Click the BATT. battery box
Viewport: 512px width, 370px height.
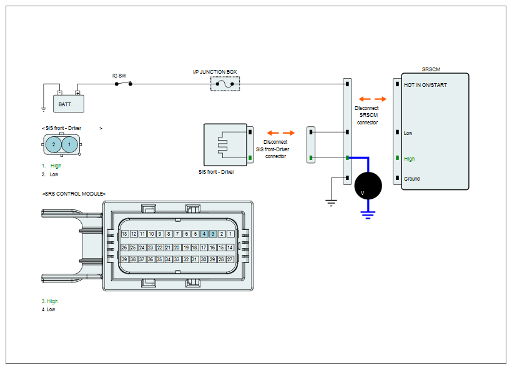(x=69, y=104)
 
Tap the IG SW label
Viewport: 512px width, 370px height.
(x=119, y=76)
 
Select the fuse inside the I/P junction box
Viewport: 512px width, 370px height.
(x=225, y=84)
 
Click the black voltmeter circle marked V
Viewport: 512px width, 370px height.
(x=368, y=186)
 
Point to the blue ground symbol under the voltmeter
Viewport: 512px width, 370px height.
(x=368, y=215)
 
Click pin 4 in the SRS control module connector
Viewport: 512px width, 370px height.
(x=204, y=234)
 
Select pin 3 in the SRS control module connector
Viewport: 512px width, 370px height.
(x=213, y=234)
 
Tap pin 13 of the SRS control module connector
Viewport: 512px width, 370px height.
(x=124, y=234)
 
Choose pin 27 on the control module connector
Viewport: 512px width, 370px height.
(x=230, y=259)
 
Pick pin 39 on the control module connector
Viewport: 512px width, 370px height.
(x=124, y=259)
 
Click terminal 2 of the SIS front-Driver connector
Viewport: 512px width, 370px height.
(x=54, y=144)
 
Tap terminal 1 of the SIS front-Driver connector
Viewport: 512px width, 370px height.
(x=69, y=144)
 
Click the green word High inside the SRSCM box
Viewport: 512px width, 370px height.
(x=409, y=159)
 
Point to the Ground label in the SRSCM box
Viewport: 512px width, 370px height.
(x=411, y=179)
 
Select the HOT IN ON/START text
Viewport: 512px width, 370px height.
(x=425, y=85)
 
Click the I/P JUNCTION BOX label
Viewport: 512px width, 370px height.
(x=215, y=72)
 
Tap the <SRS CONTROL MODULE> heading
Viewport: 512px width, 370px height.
(x=74, y=194)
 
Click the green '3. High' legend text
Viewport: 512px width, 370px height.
(x=49, y=301)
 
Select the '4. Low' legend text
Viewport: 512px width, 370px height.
(x=48, y=309)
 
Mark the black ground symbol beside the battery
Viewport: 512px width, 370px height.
(x=44, y=109)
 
